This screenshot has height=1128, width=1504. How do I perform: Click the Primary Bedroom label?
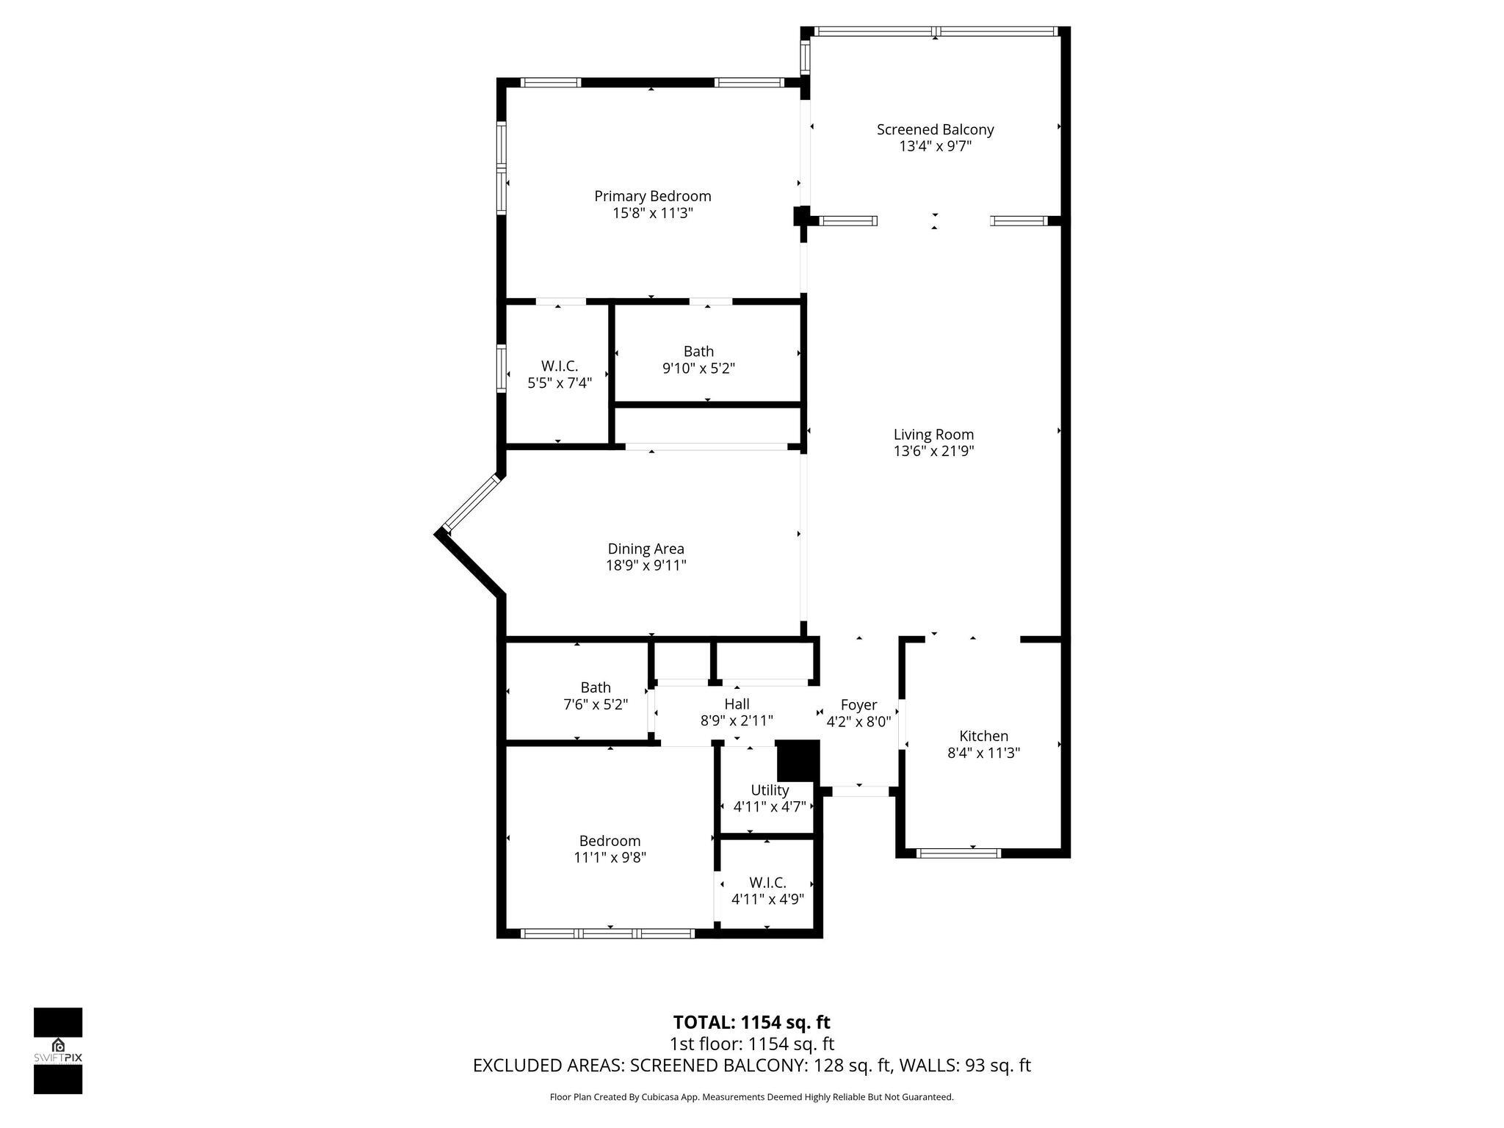[x=652, y=196]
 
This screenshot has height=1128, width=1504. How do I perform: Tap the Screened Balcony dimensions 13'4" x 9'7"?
[x=935, y=146]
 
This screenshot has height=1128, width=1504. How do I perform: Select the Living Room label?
[x=933, y=434]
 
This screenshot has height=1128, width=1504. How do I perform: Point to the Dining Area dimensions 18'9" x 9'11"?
[x=646, y=565]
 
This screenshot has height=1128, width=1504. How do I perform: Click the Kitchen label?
[x=983, y=736]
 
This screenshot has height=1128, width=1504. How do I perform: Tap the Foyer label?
[x=858, y=705]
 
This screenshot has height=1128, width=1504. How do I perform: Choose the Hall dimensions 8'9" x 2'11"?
[x=737, y=721]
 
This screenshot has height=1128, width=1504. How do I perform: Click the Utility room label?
[x=770, y=790]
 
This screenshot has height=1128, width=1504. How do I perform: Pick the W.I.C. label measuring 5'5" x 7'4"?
[x=560, y=366]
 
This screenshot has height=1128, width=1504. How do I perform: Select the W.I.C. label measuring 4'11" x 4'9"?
[x=767, y=883]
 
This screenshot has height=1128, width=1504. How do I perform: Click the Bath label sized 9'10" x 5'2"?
[x=698, y=352]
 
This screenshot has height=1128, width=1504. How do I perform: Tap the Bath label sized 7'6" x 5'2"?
[x=596, y=687]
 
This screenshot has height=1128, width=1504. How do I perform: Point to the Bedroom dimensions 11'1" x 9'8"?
[x=610, y=857]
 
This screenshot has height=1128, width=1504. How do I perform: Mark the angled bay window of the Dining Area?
[x=471, y=503]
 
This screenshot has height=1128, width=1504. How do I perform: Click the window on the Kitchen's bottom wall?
[x=958, y=853]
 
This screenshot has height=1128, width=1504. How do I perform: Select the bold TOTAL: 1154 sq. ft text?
[x=751, y=1022]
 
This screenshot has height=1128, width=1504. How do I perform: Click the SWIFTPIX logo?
[x=58, y=1051]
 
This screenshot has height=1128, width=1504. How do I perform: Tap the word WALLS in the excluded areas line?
[x=928, y=1066]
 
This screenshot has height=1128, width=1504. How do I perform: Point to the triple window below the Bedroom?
[x=607, y=933]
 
